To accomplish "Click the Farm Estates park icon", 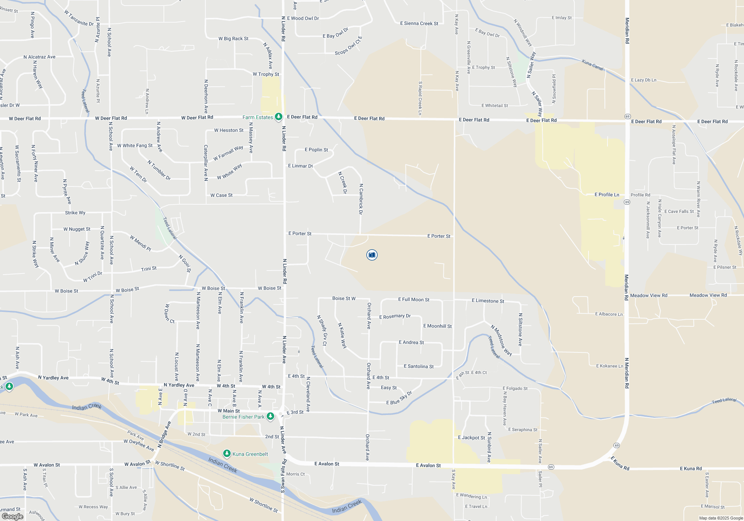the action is pos(278,117).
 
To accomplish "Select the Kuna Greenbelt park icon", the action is pos(227,454).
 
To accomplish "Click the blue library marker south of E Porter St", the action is pos(372,255).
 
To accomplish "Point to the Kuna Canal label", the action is pos(593,65).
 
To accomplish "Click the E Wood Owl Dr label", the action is pos(303,18).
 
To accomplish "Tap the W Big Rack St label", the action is pos(233,39).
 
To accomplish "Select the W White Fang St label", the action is pos(135,146).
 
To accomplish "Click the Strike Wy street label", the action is pos(75,213).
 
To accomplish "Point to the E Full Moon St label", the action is pos(414,300).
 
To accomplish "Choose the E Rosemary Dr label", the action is pos(395,316).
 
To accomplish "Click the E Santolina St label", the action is pos(418,367).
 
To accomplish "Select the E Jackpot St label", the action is pos(471,438).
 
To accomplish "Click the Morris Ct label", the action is pos(295,474).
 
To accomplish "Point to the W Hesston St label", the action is pos(228,130).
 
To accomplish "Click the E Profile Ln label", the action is pos(607,195).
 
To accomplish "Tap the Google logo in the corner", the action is pos(13,516).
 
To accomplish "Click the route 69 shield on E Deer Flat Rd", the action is pos(628,116).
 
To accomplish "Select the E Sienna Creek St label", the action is pos(419,23).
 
